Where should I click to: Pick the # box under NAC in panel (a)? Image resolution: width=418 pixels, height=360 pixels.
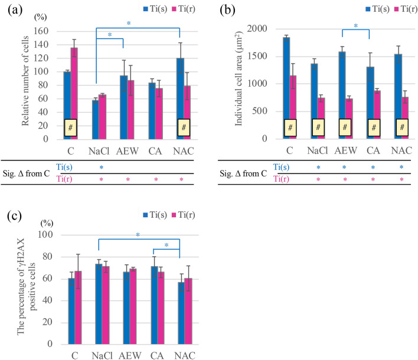pos(184,127)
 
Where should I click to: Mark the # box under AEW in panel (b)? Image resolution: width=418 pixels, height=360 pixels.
pos(347,127)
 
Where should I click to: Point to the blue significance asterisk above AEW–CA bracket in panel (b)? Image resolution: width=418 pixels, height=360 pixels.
pos(355,25)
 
